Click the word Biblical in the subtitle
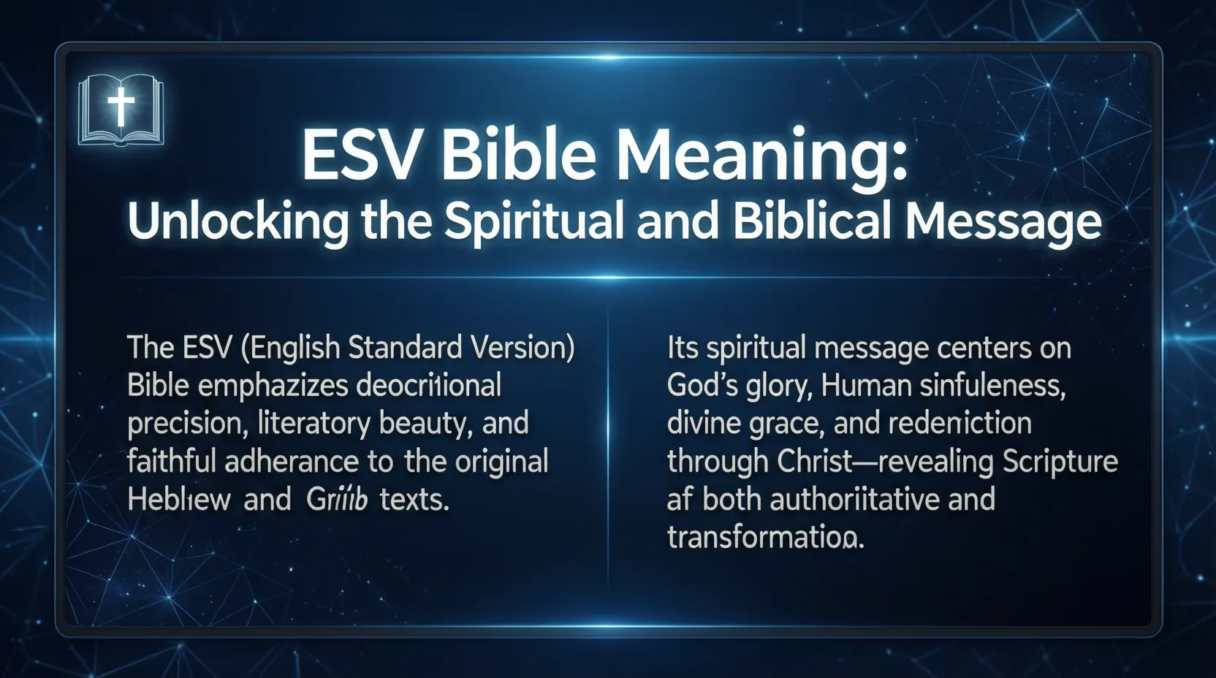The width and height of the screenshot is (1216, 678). (x=811, y=221)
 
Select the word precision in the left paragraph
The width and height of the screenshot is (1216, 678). (x=183, y=424)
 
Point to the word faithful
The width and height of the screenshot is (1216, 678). (x=171, y=462)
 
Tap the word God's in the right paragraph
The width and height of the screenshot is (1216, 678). (x=702, y=386)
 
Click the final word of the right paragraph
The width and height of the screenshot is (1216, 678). (x=765, y=538)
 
